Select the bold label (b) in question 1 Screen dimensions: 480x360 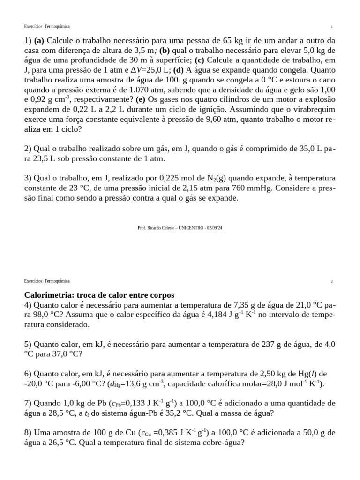[x=165, y=50]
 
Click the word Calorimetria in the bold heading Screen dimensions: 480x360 [x=46, y=295]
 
